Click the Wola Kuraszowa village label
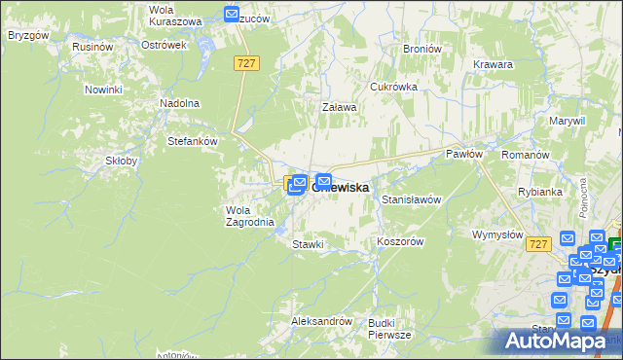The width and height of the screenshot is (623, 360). (x=175, y=15)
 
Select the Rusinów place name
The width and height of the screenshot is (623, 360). (x=93, y=46)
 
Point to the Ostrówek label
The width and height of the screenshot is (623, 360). (x=163, y=46)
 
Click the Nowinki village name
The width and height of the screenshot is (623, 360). (x=102, y=90)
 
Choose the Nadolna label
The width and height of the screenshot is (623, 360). (x=179, y=102)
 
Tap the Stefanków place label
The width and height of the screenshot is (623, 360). (x=192, y=140)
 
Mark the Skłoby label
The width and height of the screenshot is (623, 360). (x=122, y=161)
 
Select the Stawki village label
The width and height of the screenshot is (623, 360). (x=308, y=244)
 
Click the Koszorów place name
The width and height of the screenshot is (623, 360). (x=399, y=241)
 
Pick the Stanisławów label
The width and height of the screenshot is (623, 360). (x=412, y=199)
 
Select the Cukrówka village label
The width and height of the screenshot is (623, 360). (x=393, y=87)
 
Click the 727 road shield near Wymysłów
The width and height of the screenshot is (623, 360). (x=539, y=245)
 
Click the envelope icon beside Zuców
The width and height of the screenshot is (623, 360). (x=232, y=15)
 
